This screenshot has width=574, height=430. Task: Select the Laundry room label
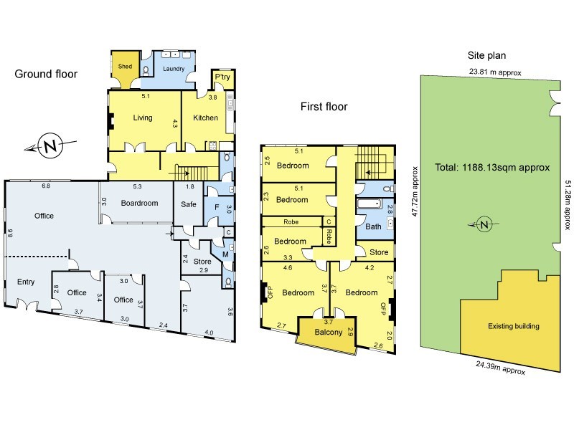point(174,70)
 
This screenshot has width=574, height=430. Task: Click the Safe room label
point(188,203)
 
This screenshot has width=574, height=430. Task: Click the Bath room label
point(373,226)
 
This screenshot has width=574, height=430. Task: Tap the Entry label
point(26,282)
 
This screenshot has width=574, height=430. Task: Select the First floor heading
point(324,107)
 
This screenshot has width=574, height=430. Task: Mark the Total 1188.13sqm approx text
point(492,168)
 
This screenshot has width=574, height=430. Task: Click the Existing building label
point(513,326)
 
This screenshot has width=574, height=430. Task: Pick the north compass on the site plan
point(485,224)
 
